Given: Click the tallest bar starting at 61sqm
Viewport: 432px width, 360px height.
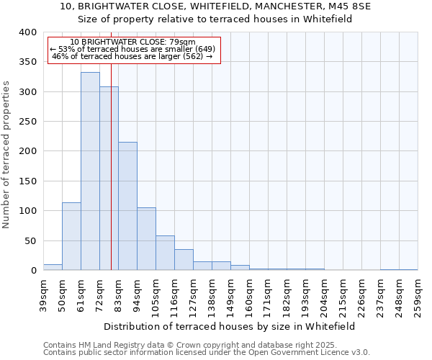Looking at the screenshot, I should click(x=90, y=171).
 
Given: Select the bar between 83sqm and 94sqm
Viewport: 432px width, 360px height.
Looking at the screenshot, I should click(x=127, y=206).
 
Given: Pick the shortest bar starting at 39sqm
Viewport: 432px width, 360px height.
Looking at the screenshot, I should click(x=53, y=267).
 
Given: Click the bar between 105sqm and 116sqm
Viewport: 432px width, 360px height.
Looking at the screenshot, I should click(x=165, y=253).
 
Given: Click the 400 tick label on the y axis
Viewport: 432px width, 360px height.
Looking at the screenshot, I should click(x=27, y=32).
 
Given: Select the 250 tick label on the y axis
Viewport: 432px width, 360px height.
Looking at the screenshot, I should click(x=27, y=122).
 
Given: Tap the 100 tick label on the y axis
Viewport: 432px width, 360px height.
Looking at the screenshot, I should click(x=27, y=211).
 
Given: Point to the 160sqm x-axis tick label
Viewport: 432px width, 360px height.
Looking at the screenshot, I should click(x=249, y=296).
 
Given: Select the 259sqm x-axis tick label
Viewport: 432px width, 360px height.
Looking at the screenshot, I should click(x=418, y=296).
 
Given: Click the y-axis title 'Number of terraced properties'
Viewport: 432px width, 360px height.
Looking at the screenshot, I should click(x=6, y=154).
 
